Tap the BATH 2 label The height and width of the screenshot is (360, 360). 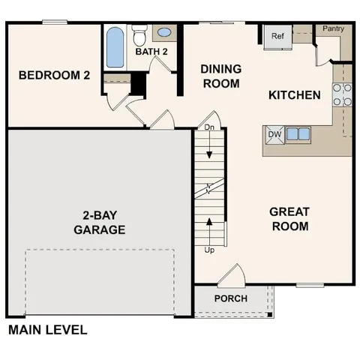coord(151,52)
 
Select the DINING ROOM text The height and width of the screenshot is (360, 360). coord(220,76)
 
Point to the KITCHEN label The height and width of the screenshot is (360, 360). coord(295,95)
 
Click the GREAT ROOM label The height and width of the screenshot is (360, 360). coord(289,219)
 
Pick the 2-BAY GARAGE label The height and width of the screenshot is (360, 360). coord(99,223)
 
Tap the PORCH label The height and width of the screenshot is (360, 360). coord(230,298)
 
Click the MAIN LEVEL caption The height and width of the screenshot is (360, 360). coord(47,329)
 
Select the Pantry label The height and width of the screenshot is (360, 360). coord(332,28)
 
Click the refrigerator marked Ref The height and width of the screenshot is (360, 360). coord(277,36)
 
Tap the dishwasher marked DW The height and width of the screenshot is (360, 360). coord(274,135)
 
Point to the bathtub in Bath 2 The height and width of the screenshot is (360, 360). coord(115,47)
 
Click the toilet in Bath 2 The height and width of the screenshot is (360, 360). coord(139,34)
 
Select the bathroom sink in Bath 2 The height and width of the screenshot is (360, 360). coord(164,33)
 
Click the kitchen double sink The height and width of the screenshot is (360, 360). coord(298,135)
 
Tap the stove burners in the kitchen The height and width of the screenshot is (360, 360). coord(342,94)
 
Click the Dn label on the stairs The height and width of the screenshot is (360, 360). coord(209,127)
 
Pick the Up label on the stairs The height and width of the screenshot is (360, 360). coord(209,249)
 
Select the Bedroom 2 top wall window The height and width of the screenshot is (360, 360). coord(55,22)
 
